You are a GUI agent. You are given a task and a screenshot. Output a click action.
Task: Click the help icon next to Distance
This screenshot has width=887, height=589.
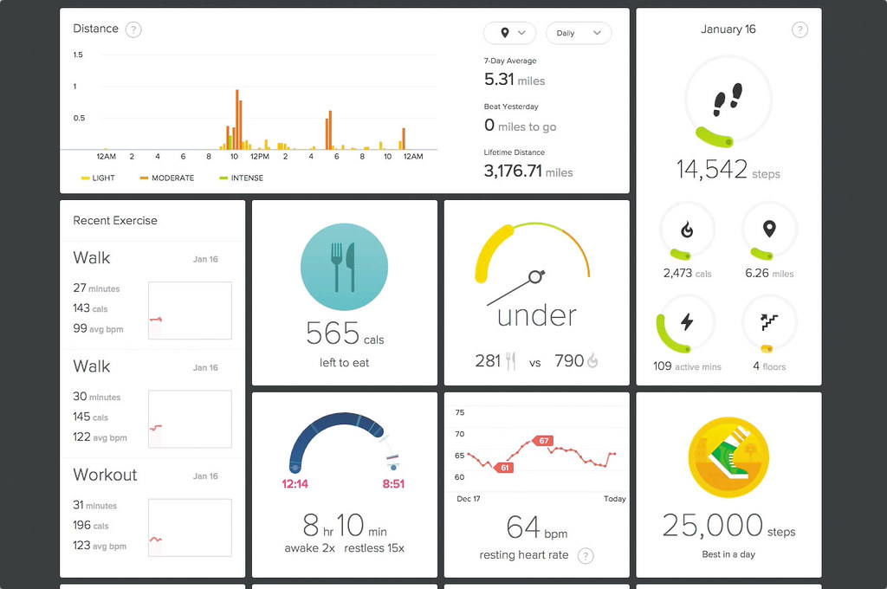pyautogui.click(x=133, y=29)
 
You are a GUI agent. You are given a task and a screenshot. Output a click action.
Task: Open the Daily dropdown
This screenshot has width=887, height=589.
pyautogui.click(x=579, y=33)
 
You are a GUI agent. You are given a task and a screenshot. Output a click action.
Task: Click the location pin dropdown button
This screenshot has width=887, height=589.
pyautogui.click(x=507, y=33)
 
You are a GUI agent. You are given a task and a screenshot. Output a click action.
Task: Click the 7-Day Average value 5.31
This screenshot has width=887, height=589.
pyautogui.click(x=499, y=80)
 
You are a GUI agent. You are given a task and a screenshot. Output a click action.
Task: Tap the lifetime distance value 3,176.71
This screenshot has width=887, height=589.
pyautogui.click(x=513, y=172)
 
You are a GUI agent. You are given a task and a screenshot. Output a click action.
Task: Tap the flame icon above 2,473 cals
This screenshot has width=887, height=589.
pyautogui.click(x=687, y=230)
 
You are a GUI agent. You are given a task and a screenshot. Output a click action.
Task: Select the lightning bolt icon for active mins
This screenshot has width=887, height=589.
pyautogui.click(x=687, y=322)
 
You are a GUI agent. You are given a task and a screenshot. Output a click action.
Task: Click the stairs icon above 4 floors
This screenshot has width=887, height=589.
pyautogui.click(x=769, y=322)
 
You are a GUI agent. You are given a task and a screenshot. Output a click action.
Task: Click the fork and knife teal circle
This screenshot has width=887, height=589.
pyautogui.click(x=345, y=266)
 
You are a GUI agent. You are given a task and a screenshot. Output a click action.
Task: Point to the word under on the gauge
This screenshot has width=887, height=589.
pyautogui.click(x=536, y=315)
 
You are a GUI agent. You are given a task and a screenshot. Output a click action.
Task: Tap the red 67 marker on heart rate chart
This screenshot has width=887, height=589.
pyautogui.click(x=543, y=441)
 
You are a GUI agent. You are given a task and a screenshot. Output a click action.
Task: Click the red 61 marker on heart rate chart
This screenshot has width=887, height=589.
pyautogui.click(x=504, y=468)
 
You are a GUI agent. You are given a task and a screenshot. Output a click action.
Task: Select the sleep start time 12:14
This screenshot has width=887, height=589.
pyautogui.click(x=295, y=484)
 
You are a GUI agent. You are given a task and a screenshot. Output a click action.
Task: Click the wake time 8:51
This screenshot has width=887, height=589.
pyautogui.click(x=393, y=484)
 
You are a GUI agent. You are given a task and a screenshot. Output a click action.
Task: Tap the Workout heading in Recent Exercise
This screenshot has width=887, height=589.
pyautogui.click(x=105, y=475)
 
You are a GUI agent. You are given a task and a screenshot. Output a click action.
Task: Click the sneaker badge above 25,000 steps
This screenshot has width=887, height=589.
pyautogui.click(x=728, y=456)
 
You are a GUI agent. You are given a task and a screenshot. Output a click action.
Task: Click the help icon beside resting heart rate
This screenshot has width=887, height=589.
pyautogui.click(x=586, y=556)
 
